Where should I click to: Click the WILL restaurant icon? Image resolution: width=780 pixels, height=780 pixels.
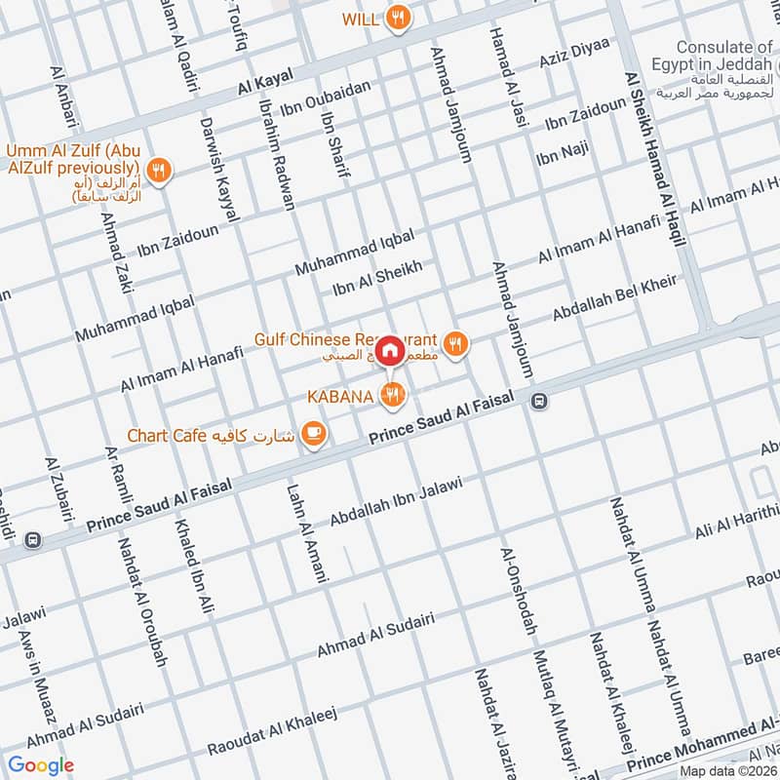[x=397, y=18]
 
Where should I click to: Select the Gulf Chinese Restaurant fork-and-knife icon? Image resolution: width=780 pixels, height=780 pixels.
[x=454, y=342]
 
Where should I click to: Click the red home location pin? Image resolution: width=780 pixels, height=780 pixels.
[x=390, y=348]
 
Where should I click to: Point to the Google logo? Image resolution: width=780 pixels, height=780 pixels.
[x=41, y=765]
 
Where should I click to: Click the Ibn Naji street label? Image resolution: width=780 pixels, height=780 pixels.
[x=563, y=152]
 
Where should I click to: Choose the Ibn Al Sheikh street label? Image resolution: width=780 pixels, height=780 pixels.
[x=377, y=278]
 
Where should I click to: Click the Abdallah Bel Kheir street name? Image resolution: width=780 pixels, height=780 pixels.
[x=614, y=298]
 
